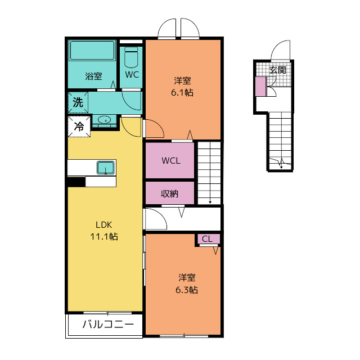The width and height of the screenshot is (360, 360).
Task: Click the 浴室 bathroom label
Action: [93, 76]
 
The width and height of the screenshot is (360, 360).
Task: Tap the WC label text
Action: [132, 74]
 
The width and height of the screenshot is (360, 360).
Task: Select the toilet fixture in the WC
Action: [131, 57]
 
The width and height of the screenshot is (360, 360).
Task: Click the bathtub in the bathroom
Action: [92, 51]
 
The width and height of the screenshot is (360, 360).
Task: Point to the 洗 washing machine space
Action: [78, 102]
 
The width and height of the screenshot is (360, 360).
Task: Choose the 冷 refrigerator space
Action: [79, 127]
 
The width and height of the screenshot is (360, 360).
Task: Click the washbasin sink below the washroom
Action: [104, 120]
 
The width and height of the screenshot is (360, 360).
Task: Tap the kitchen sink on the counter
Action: [105, 168]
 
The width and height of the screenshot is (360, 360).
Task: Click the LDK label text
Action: [103, 225]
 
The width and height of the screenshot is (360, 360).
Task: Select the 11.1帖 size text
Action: [104, 236]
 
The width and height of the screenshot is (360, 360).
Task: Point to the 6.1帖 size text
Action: [182, 92]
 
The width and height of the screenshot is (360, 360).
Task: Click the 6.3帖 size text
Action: [187, 290]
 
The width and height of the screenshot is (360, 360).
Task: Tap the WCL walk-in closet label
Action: [171, 161]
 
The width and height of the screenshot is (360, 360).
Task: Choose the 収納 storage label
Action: [169, 193]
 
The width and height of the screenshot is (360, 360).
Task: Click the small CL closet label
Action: [207, 239]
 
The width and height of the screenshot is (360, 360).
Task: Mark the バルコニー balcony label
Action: [108, 324]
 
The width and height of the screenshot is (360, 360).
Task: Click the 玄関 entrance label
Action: [277, 70]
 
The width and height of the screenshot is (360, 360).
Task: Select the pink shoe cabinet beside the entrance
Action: [261, 87]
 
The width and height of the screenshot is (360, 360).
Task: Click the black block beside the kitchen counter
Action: [76, 182]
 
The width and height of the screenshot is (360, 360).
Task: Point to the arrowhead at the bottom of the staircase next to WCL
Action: [210, 202]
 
